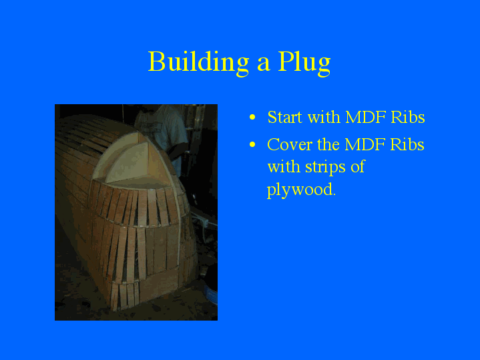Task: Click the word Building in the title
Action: [x=198, y=62]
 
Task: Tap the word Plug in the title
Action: [x=304, y=62]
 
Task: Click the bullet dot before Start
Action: [x=252, y=118]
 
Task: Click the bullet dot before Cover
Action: [x=252, y=145]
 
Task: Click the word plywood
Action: [x=300, y=190]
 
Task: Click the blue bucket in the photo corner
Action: [x=210, y=295]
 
